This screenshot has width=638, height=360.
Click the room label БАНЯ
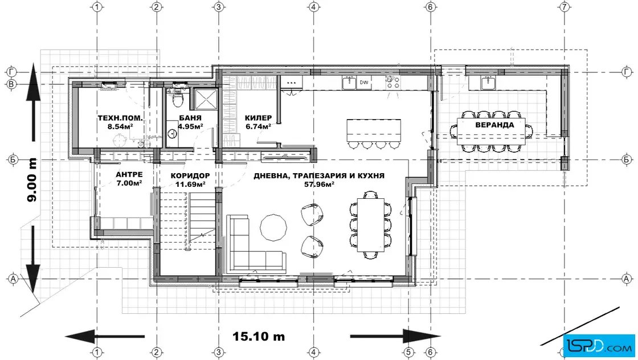(x=190, y=118)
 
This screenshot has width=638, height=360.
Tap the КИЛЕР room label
(x=258, y=118)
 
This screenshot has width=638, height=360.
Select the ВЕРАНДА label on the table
(x=494, y=125)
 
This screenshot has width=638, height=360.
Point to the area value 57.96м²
(x=319, y=184)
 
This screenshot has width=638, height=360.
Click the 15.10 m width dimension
(x=259, y=337)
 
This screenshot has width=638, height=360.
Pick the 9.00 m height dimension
(x=32, y=179)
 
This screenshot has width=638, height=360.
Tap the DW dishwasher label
(x=364, y=83)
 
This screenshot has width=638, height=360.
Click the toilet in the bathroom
(x=177, y=98)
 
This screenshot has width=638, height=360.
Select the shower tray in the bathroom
(x=206, y=99)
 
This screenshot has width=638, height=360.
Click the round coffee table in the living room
(x=273, y=227)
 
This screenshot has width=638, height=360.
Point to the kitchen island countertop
(x=374, y=130)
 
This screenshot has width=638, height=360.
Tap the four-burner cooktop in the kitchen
(x=392, y=83)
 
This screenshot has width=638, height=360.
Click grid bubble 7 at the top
(x=565, y=7)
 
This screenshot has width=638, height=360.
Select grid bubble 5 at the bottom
(x=408, y=352)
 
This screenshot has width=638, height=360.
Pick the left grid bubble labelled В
(x=11, y=85)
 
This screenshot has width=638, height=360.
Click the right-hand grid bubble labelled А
(x=626, y=279)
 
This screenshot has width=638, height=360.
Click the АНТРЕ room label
(x=129, y=175)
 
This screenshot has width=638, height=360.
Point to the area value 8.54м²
(x=120, y=126)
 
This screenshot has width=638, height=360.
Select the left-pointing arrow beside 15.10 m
(x=105, y=337)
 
